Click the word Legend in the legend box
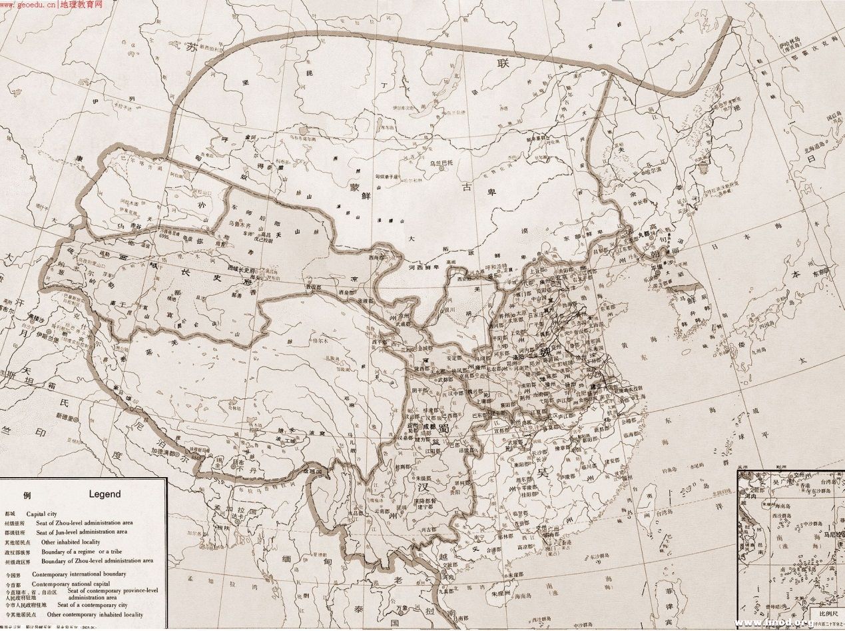(105, 494)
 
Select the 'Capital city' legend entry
(47, 514)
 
